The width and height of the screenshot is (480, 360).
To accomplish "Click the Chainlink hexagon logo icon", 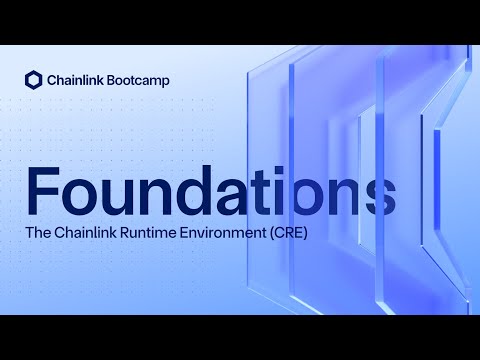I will (x=33, y=80).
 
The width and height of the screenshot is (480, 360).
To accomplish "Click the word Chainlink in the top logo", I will (x=76, y=80).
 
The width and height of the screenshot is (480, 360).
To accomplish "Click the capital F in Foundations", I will (x=45, y=190).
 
